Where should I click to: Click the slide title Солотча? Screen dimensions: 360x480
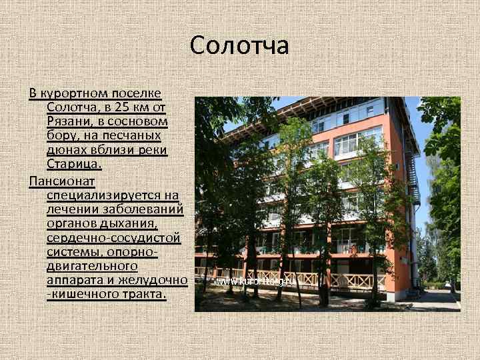[x=239, y=45]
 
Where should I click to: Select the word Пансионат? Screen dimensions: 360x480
[x=62, y=181]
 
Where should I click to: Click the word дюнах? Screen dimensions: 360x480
[x=65, y=150]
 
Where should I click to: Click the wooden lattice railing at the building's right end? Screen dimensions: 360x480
[x=359, y=280]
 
